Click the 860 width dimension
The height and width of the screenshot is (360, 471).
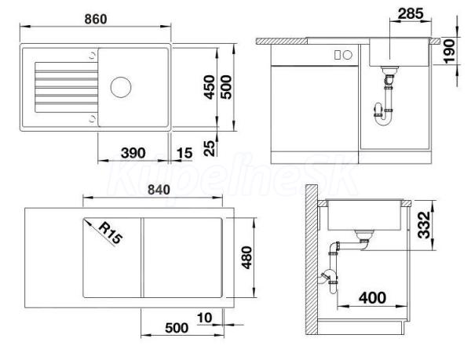pyautogui.click(x=96, y=19)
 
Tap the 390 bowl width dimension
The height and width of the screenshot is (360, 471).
pyautogui.click(x=133, y=153)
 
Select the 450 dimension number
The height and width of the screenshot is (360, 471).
pyautogui.click(x=210, y=87)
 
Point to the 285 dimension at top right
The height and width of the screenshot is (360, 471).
pyautogui.click(x=411, y=13)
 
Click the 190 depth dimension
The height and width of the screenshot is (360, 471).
pyautogui.click(x=450, y=52)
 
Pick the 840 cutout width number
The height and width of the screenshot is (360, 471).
pyautogui.click(x=159, y=190)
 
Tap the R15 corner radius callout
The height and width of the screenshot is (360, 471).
pyautogui.click(x=111, y=233)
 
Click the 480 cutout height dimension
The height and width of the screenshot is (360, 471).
pyautogui.click(x=247, y=257)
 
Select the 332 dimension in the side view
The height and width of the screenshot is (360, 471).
pyautogui.click(x=424, y=225)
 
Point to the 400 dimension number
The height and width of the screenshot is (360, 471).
pyautogui.click(x=372, y=298)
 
